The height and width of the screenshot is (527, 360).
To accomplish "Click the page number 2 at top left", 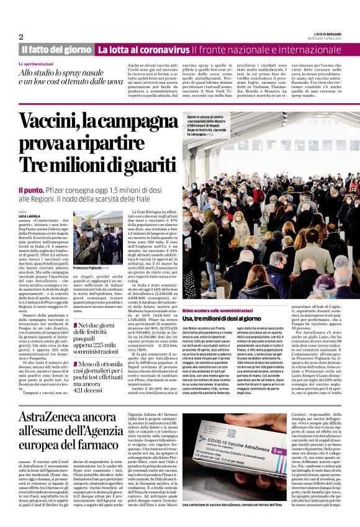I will click(x=21, y=36).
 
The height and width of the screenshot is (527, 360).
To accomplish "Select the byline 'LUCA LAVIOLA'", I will click(x=30, y=215).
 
